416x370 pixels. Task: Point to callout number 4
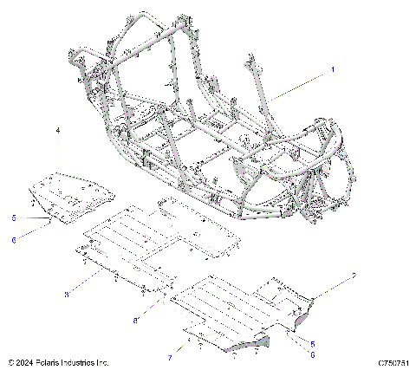[58, 130]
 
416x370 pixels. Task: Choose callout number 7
[170, 356]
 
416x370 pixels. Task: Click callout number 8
[135, 321]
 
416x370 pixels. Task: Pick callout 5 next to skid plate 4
[14, 217]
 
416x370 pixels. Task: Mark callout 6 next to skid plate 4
[14, 240]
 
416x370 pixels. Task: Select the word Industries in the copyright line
[83, 362]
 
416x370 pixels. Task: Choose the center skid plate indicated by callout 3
[156, 243]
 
